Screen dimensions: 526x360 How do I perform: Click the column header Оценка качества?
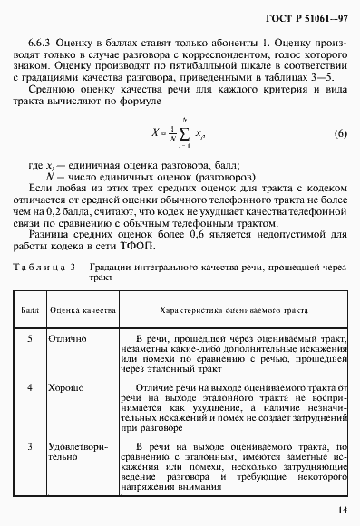point(83,309)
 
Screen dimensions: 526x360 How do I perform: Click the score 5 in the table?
point(31,338)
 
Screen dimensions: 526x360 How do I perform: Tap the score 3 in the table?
point(31,447)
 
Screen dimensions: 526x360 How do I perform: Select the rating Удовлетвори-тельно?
point(82,453)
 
